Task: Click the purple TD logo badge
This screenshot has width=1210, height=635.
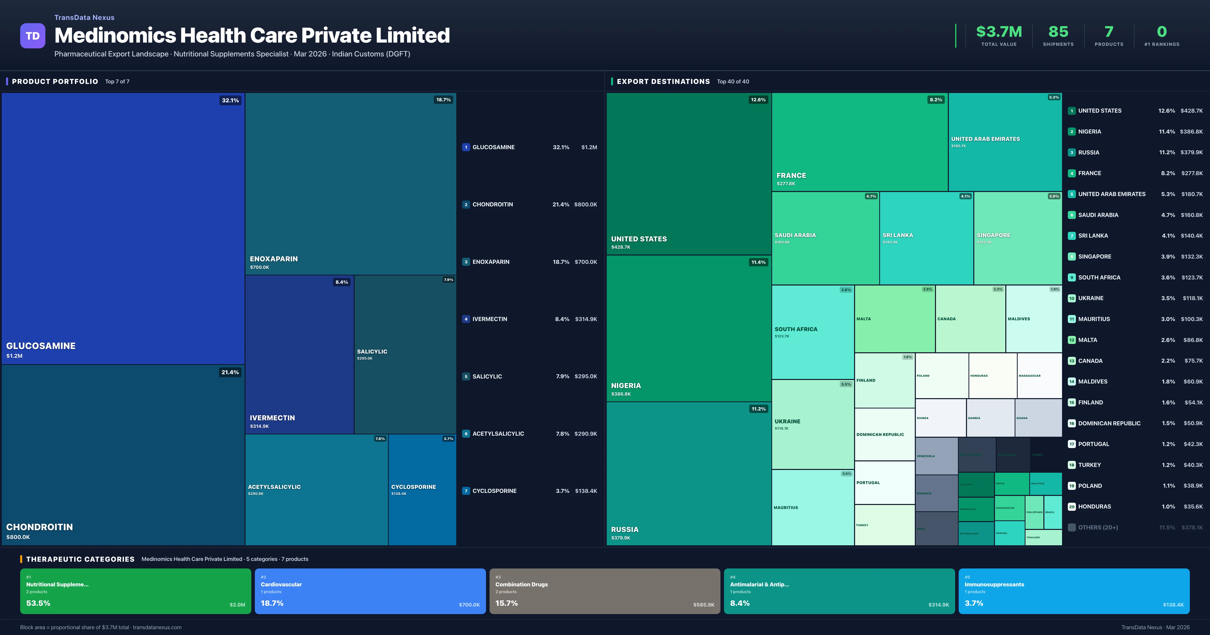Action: [x=33, y=36]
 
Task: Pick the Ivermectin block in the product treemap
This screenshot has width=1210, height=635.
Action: [x=299, y=355]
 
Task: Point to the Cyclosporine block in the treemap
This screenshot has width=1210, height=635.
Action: [x=422, y=489]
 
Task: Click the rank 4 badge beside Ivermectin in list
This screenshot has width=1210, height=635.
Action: [x=466, y=319]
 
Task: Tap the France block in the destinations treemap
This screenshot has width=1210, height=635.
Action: [x=860, y=142]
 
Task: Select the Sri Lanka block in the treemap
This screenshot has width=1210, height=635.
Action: [x=926, y=238]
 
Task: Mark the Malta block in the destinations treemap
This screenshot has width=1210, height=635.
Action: [x=894, y=319]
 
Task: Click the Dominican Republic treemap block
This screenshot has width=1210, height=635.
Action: [x=884, y=434]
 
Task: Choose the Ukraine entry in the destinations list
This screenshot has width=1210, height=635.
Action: [x=1091, y=298]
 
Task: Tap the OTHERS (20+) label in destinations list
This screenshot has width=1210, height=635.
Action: [x=1098, y=527]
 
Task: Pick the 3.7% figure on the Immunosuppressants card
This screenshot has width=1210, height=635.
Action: [x=974, y=603]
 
